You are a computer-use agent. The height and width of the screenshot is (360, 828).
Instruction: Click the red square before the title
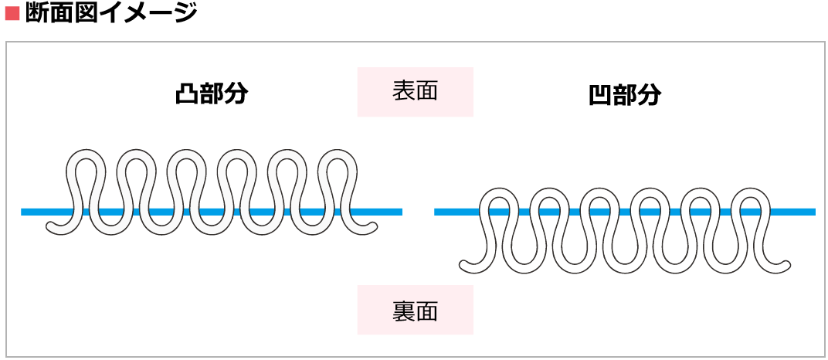(12, 13)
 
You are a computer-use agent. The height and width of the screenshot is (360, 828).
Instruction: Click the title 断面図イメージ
(111, 13)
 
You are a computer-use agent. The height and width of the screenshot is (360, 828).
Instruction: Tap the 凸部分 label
(211, 94)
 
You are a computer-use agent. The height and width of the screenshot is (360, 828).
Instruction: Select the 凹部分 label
(624, 95)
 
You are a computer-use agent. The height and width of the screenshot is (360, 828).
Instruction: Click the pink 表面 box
(415, 91)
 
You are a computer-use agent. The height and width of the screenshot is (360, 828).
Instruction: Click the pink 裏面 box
(415, 311)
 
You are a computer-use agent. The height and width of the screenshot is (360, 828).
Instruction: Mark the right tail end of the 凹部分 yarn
(786, 267)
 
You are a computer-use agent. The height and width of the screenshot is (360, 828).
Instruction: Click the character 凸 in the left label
(185, 94)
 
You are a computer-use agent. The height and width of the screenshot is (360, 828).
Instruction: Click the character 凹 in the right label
(599, 95)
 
